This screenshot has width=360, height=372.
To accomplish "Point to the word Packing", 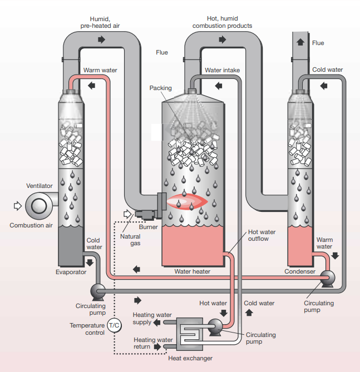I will pyautogui.click(x=160, y=88).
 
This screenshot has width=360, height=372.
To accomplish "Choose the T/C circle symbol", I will pyautogui.click(x=114, y=325).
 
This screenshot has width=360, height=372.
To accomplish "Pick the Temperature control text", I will pyautogui.click(x=87, y=329).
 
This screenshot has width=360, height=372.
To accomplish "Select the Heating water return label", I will pyautogui.click(x=150, y=343).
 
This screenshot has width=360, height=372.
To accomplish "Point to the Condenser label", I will pyautogui.click(x=300, y=272).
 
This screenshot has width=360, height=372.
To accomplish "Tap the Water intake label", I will pyautogui.click(x=222, y=70).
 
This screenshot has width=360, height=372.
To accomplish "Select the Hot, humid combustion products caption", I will pyautogui.click(x=222, y=22).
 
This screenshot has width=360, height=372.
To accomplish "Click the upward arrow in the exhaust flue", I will pyautogui.click(x=300, y=42).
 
